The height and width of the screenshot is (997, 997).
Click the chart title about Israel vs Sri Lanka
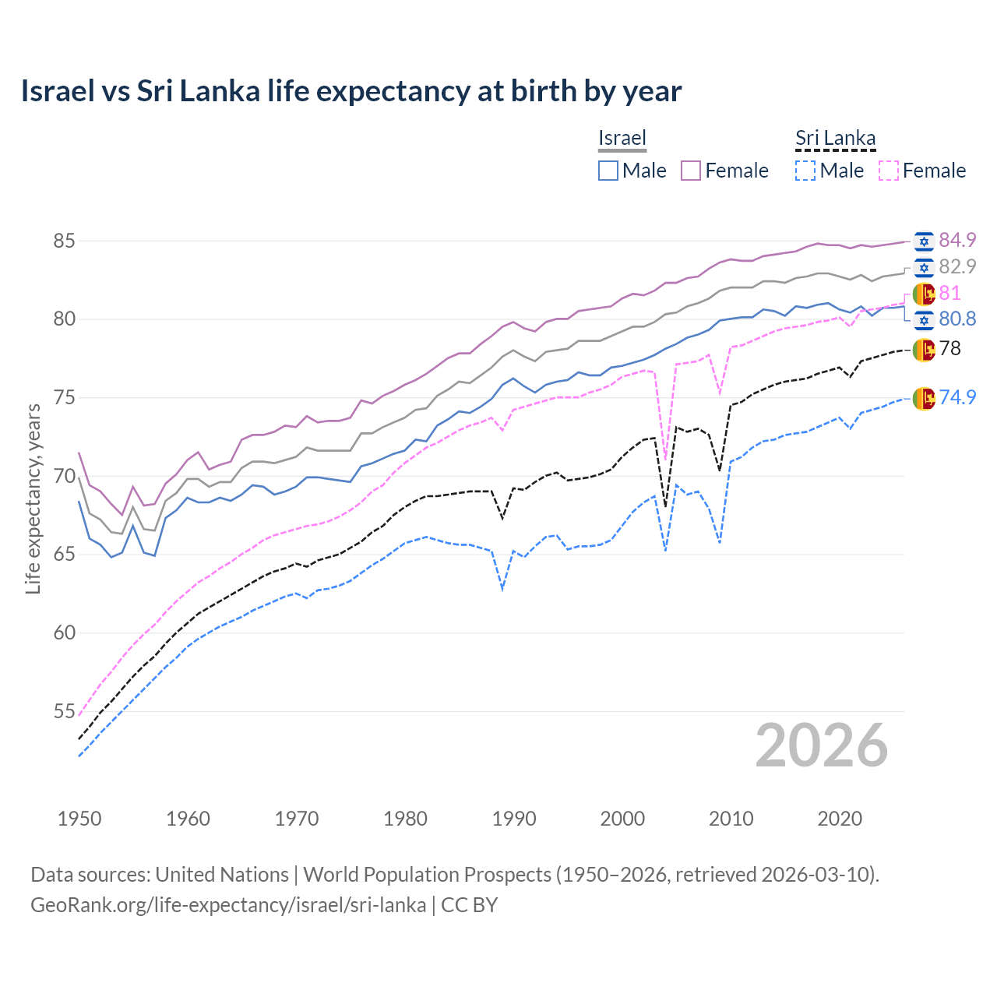point(351,91)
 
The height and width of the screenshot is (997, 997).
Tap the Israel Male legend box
point(608,171)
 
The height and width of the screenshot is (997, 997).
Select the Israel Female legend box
point(691,171)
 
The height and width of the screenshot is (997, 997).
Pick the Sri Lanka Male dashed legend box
point(805,171)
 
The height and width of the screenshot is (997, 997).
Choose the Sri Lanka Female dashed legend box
point(889,171)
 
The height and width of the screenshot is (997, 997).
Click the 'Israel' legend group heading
point(622,138)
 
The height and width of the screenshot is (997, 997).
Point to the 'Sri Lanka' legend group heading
point(835,138)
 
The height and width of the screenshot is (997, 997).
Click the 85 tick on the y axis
point(64,241)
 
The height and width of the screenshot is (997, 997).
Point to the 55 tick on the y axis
point(64,711)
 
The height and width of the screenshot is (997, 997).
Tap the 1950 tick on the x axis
point(79,819)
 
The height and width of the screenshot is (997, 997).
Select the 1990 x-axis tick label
point(514,819)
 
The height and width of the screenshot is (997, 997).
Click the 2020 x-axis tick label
point(840,819)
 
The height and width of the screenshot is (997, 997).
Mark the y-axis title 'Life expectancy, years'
point(33,498)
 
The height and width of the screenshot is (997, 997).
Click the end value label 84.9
point(957,240)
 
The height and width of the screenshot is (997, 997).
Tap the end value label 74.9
point(957,397)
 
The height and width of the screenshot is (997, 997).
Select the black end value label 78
point(950,348)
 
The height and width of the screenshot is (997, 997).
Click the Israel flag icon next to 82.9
point(924,268)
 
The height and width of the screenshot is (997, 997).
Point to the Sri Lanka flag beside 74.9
point(924,398)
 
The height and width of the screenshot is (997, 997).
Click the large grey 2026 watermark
point(821,745)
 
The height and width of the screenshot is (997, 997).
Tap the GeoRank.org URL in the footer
point(228,905)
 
